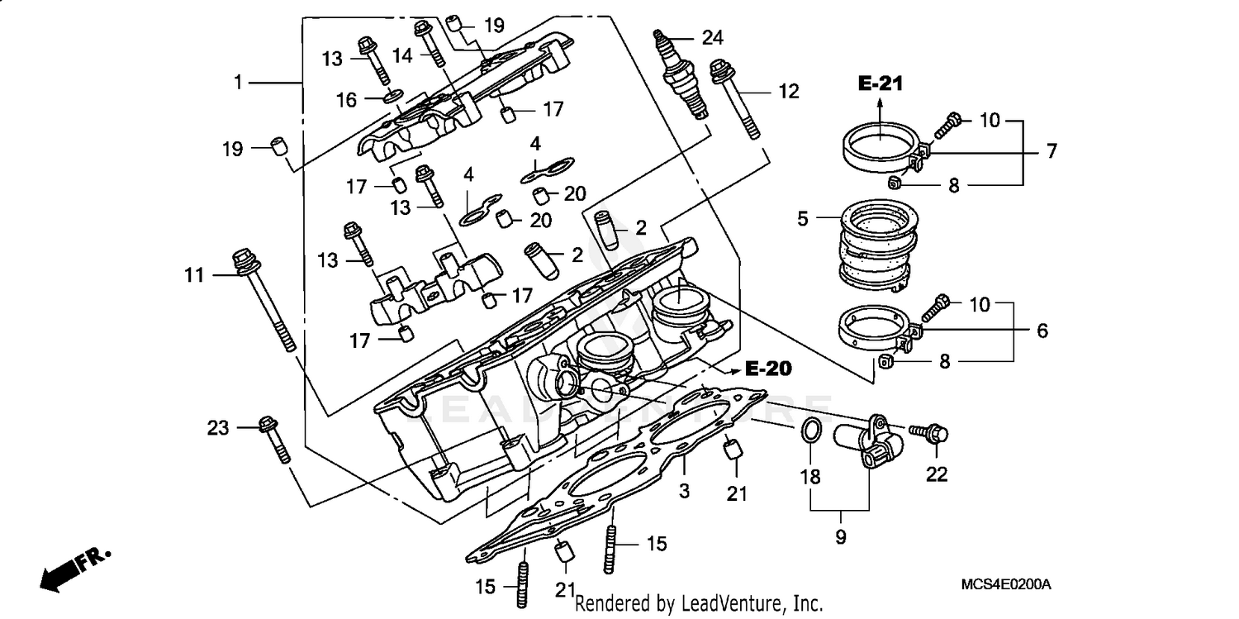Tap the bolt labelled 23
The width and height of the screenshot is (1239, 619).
tap(275, 439)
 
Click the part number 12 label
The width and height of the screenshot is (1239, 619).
tap(789, 91)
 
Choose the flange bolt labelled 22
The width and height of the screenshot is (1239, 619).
tap(932, 431)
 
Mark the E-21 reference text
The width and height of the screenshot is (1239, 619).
tap(880, 83)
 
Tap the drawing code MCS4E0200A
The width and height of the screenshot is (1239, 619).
tap(1005, 584)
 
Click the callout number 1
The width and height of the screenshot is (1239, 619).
tap(238, 83)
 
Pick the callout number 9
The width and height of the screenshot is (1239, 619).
tap(840, 537)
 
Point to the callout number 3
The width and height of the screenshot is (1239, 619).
tap(684, 491)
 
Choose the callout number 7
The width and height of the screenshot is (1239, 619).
tap(1051, 150)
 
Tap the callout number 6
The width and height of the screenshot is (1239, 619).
tap(1042, 331)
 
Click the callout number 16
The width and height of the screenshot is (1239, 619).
tap(346, 99)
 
